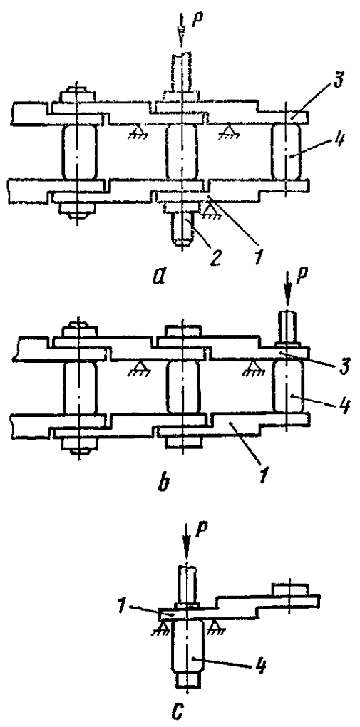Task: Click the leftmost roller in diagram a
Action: click(x=78, y=153)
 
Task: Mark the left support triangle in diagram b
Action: click(x=135, y=367)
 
